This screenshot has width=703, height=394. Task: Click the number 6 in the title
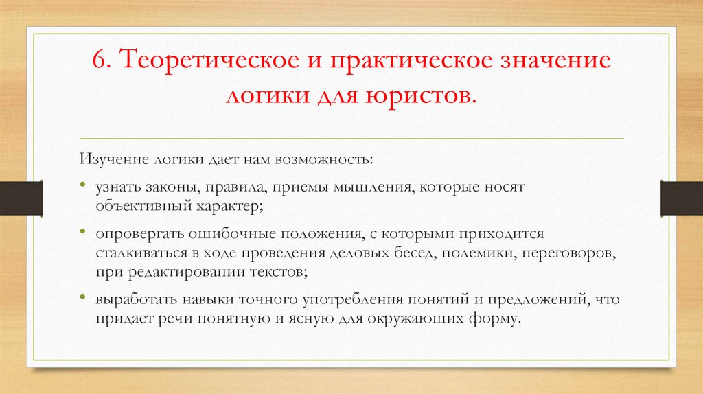(99, 61)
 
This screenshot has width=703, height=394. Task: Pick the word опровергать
(136, 235)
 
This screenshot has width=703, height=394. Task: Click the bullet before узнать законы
(82, 187)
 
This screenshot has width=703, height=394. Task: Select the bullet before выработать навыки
(82, 300)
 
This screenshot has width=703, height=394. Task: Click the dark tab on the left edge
(21, 197)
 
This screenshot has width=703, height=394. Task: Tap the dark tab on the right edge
(682, 197)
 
